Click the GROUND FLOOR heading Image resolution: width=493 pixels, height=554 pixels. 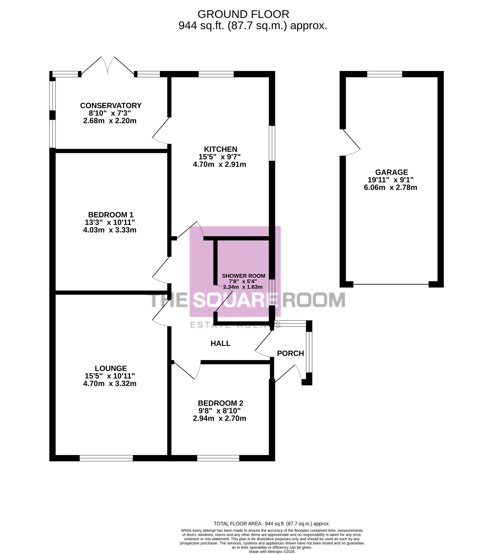(243, 14)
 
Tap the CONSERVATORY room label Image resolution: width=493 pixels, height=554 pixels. (111, 105)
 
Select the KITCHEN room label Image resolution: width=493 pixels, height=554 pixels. (221, 149)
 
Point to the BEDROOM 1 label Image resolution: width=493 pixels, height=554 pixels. (111, 215)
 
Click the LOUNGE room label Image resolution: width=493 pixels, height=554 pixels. (111, 368)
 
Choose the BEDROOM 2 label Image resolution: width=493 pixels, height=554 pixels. (221, 403)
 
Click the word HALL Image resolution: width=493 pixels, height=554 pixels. (221, 343)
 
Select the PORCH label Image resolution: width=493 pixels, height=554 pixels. (290, 353)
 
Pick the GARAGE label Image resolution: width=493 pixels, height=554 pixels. (391, 172)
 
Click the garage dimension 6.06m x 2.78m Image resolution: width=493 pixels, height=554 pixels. (390, 187)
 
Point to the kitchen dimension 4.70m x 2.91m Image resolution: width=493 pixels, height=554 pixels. (219, 164)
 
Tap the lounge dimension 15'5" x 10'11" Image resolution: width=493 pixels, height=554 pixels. (110, 376)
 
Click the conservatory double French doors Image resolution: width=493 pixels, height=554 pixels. (108, 65)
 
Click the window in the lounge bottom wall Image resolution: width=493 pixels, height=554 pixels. (106, 458)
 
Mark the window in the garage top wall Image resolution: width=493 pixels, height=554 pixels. (385, 74)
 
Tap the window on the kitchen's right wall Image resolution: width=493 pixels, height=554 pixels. (272, 143)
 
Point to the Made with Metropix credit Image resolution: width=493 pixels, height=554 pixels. (272, 551)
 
